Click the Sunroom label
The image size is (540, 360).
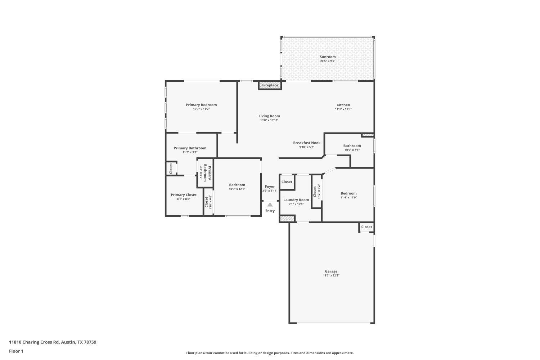coord(328,57)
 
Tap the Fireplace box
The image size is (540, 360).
coord(270,85)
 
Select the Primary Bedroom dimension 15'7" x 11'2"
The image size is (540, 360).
coord(201,109)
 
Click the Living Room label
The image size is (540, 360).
coord(269,116)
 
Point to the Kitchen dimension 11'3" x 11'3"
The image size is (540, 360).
coord(343,109)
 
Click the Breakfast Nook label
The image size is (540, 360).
coord(306,143)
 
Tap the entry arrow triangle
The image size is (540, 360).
coord(270,205)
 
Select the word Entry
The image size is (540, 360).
coord(270,211)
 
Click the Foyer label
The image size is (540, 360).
coord(270,186)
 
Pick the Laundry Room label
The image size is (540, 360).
coord(296,200)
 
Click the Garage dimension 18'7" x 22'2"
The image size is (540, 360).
coord(331,276)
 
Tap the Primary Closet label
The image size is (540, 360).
coord(184,195)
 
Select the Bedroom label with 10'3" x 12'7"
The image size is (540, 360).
coord(237,185)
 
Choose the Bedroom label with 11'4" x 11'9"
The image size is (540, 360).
coord(348,193)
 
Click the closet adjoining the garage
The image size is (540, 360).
coord(366,227)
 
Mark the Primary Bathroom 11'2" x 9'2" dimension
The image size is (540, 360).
coord(190,152)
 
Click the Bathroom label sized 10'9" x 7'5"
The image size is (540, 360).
coord(352,146)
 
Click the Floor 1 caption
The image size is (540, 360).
coord(16,351)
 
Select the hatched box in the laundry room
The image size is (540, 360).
coord(287,219)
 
